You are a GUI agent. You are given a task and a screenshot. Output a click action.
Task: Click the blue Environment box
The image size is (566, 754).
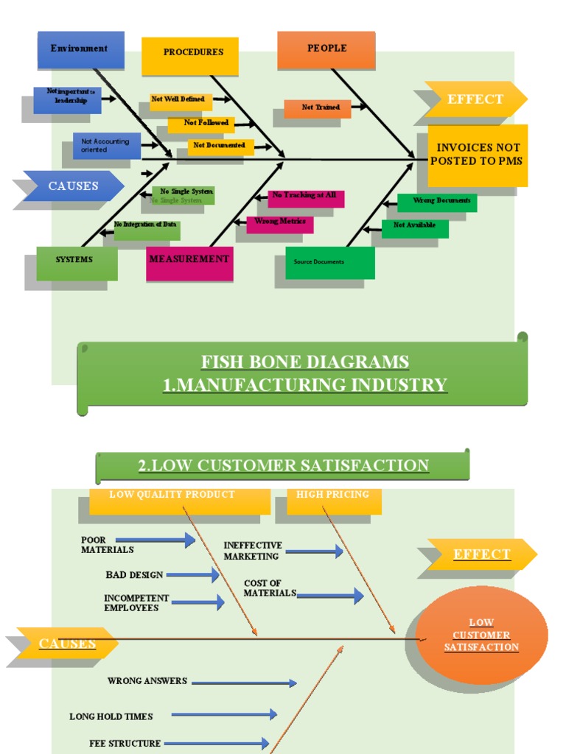point(80,49)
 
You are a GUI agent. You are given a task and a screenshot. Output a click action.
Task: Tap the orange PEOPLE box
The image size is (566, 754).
point(326,49)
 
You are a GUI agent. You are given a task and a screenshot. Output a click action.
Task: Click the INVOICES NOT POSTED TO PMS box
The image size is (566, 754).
point(477,155)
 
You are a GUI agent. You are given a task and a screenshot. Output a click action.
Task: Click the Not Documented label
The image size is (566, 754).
point(220,147)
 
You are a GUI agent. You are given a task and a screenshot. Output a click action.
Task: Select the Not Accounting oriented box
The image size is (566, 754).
point(106,146)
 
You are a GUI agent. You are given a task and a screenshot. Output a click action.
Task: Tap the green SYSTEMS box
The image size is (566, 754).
point(77,261)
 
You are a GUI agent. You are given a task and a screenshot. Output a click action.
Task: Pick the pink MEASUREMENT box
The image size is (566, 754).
point(189,261)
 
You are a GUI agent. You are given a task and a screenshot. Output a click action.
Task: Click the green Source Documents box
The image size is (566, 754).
point(329,262)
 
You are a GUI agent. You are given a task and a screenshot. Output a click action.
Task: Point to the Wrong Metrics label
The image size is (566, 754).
point(279,223)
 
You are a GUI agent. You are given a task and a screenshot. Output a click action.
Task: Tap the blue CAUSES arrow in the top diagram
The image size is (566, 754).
point(73,186)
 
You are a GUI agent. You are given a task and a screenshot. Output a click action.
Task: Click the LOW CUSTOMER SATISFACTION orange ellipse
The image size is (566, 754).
point(481,635)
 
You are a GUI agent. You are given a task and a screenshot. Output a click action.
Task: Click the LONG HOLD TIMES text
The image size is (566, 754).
point(111,716)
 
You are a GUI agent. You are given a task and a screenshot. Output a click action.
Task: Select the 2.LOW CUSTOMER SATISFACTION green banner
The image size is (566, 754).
point(282,466)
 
